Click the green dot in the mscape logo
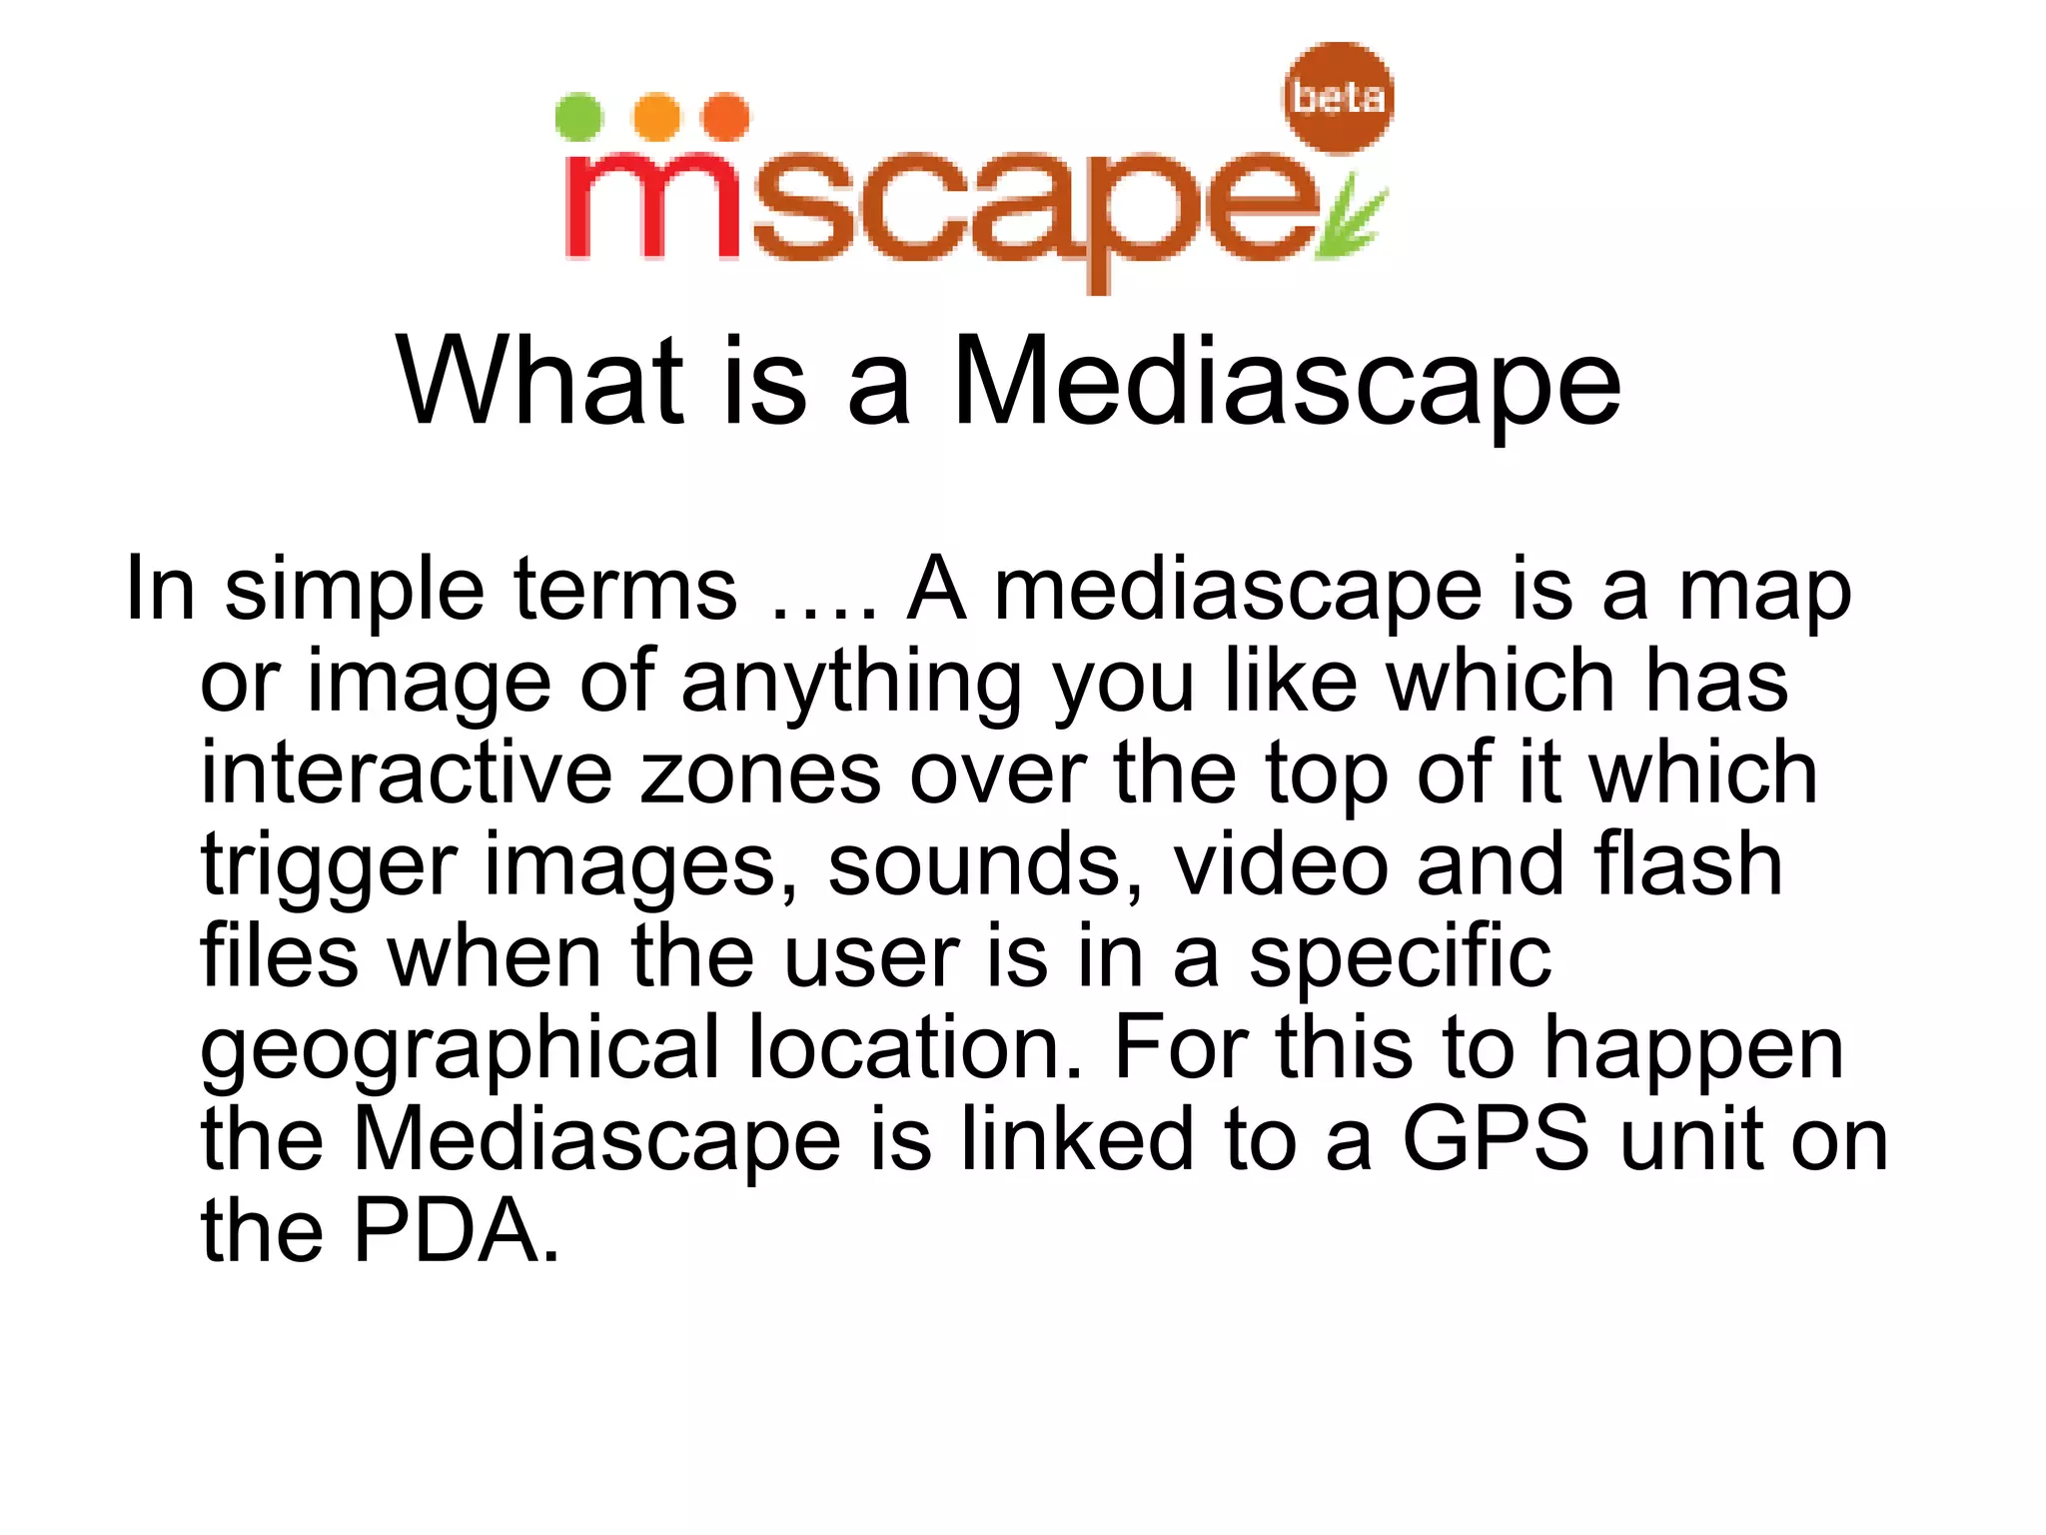(x=578, y=117)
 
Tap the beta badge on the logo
(x=1338, y=97)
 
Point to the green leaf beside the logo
(x=1351, y=218)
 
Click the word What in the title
(x=540, y=382)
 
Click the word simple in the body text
(x=355, y=590)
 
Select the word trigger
(x=329, y=866)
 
